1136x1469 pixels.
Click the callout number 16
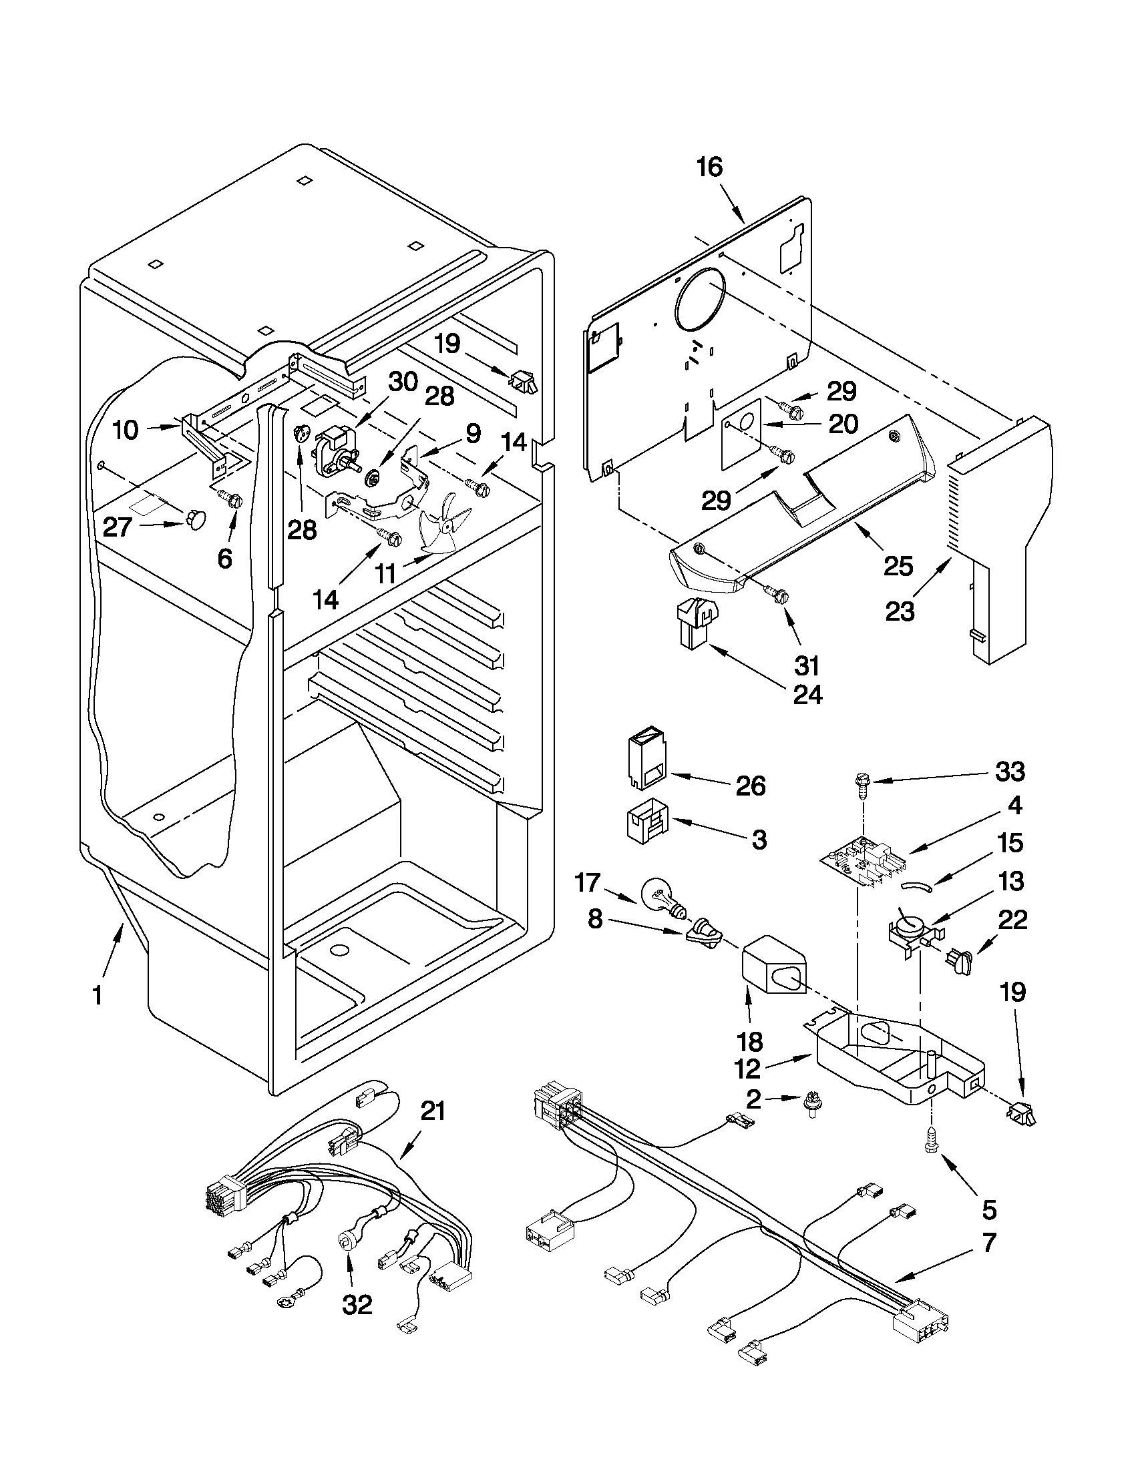coord(709,167)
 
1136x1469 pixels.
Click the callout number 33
coord(1010,772)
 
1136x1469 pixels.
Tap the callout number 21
coord(433,1111)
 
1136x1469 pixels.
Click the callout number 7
coord(987,1243)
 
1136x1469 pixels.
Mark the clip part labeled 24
coord(695,622)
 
